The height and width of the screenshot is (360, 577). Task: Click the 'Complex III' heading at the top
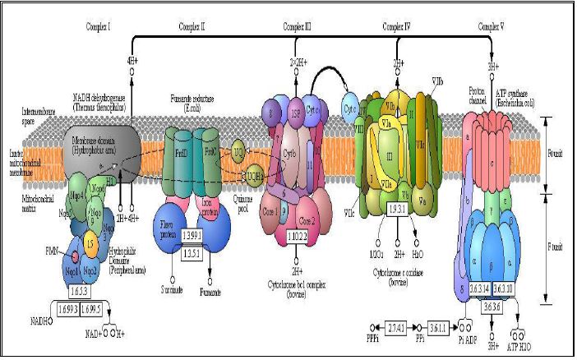(x=298, y=27)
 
